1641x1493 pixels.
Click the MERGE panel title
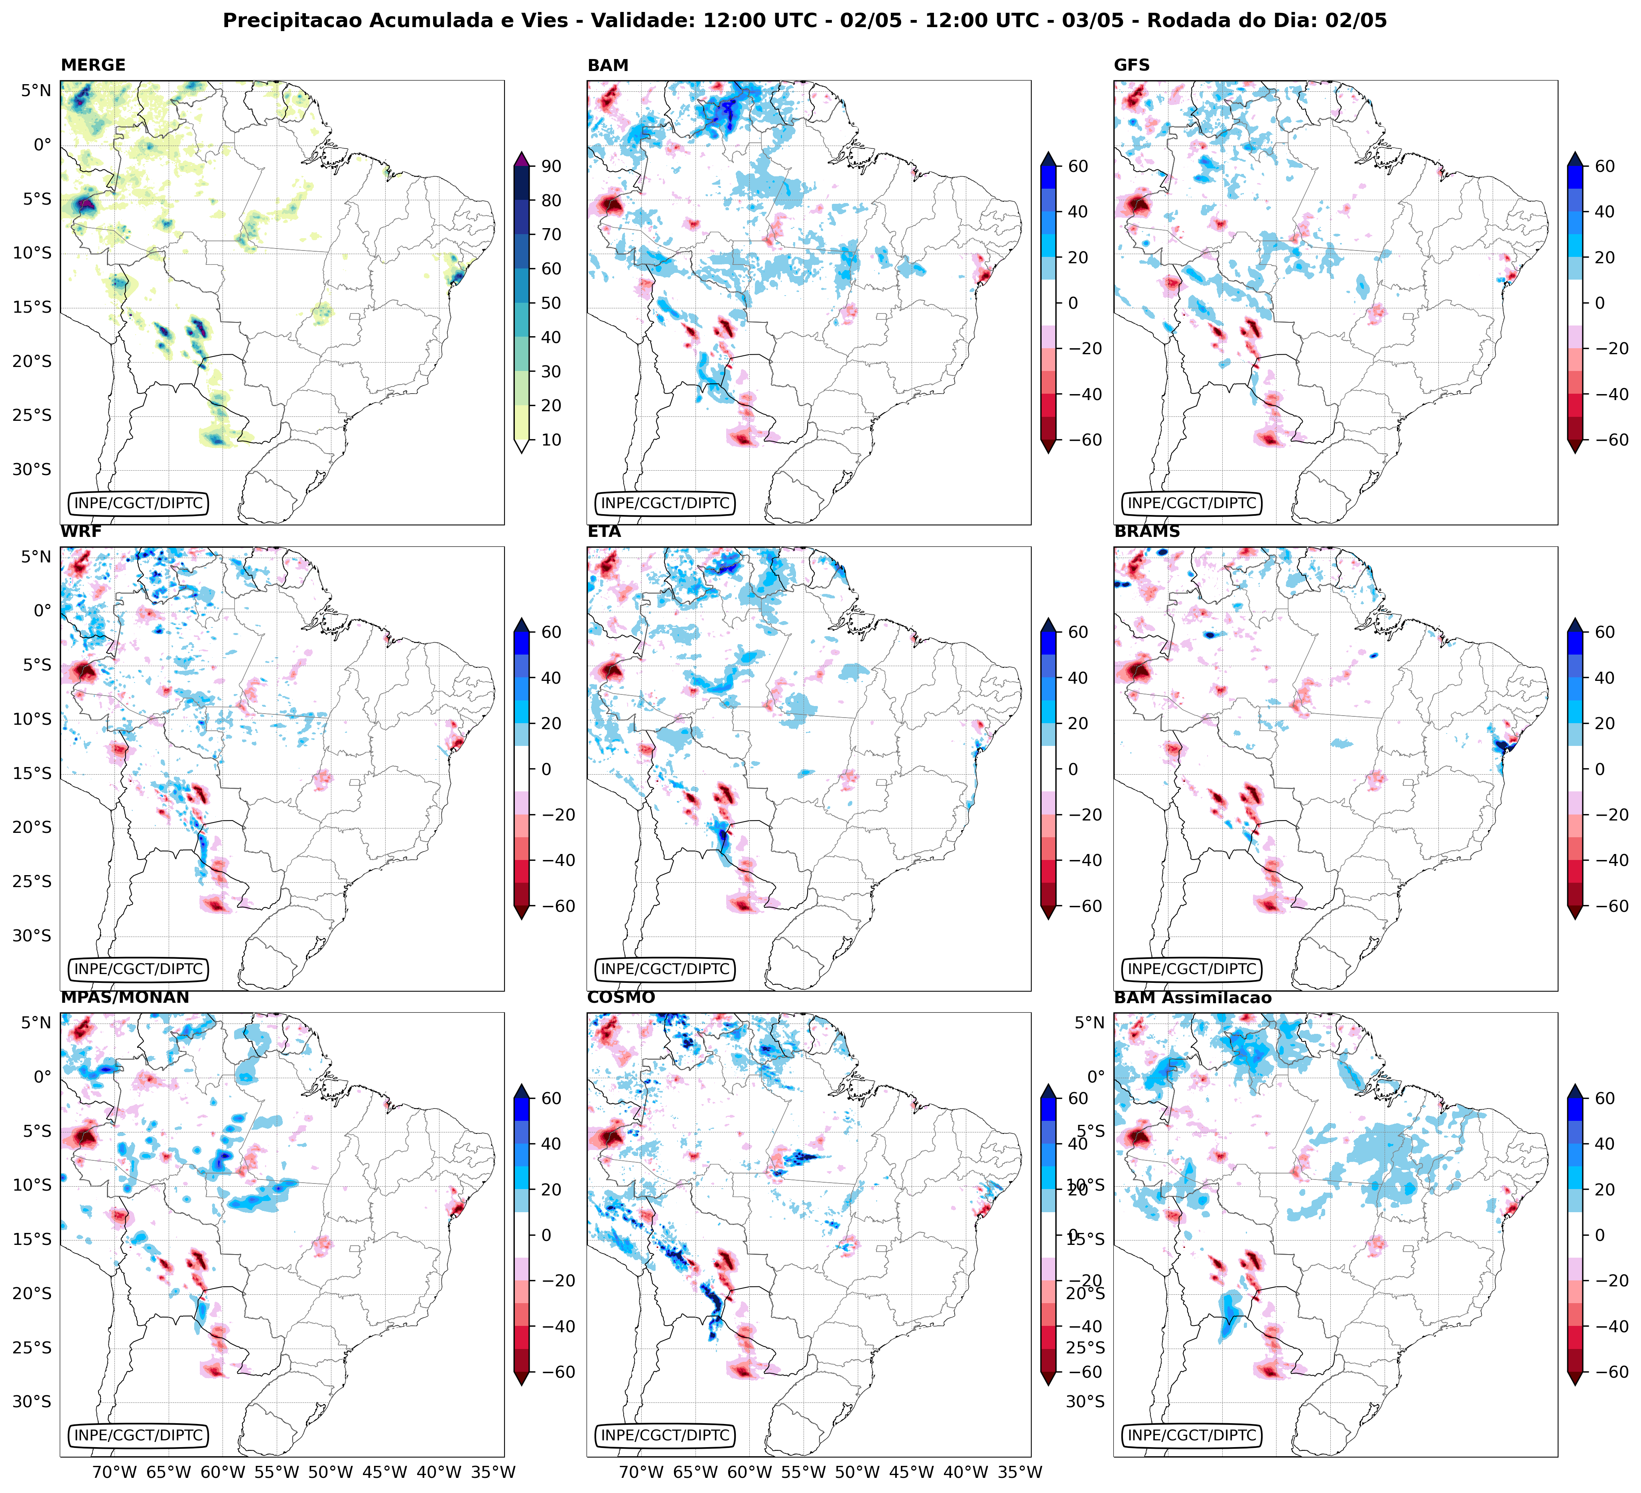(93, 65)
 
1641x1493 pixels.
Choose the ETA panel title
(604, 532)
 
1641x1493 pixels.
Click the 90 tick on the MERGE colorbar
(551, 166)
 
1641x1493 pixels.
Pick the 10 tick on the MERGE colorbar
(551, 440)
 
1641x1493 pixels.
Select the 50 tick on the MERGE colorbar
(551, 303)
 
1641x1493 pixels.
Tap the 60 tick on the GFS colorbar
(1604, 166)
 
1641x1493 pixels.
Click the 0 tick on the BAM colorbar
(1073, 303)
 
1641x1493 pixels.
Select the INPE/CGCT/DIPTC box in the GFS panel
(1192, 503)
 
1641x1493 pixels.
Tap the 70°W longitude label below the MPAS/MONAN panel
(114, 1472)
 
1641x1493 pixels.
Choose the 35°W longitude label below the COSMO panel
(1020, 1472)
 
